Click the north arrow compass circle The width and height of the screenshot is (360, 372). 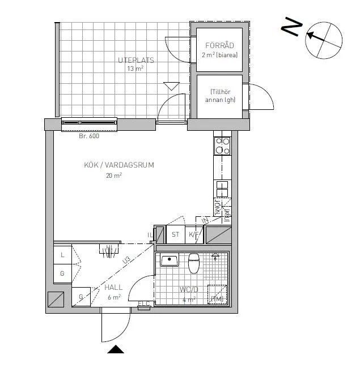(x=324, y=39)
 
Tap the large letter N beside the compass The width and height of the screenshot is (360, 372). (x=293, y=27)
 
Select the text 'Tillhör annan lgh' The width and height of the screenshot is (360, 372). (x=220, y=96)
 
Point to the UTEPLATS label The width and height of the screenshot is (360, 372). (x=136, y=60)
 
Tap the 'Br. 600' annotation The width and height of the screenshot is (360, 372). (x=89, y=136)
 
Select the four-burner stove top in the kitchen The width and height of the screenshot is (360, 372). (x=222, y=146)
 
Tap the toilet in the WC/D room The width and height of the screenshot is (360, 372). (x=193, y=263)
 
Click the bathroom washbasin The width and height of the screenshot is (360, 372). (x=169, y=261)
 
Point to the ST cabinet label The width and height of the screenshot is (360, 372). (x=175, y=234)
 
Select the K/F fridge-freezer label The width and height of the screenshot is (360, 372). (x=194, y=234)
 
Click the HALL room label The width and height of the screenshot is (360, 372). (x=113, y=288)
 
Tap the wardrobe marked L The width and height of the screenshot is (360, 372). (x=62, y=255)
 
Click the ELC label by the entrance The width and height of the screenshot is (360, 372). (x=144, y=304)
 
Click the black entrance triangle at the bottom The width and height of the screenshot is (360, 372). (x=116, y=349)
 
